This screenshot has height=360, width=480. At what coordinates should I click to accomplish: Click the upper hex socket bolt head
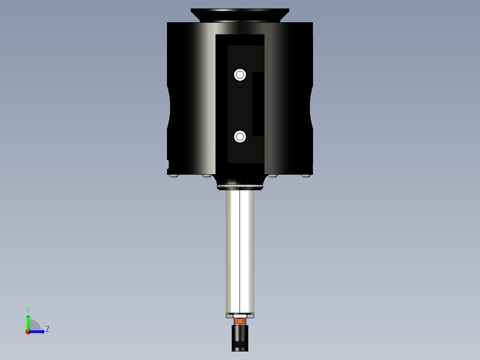[240, 74]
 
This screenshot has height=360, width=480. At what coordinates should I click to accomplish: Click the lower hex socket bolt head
[240, 136]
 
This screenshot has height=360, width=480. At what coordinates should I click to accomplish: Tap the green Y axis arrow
[28, 322]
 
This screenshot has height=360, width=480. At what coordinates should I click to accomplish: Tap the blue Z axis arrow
[37, 331]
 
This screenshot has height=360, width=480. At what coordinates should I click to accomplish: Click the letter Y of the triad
[28, 309]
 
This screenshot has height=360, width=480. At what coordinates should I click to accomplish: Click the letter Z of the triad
[47, 329]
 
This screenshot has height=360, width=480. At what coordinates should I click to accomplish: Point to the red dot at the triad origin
[28, 332]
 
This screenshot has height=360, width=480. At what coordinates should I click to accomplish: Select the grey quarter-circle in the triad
[34, 326]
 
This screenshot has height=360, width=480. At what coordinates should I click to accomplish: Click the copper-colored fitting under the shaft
[240, 321]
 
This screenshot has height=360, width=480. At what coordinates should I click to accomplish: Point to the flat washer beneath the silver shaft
[240, 316]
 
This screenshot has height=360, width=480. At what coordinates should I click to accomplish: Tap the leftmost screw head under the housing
[174, 176]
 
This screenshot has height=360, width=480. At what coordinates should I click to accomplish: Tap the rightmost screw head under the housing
[305, 176]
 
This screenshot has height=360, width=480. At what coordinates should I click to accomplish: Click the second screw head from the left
[206, 176]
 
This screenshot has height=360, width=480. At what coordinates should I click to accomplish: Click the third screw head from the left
[273, 176]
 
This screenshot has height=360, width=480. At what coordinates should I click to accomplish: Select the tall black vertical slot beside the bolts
[258, 104]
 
